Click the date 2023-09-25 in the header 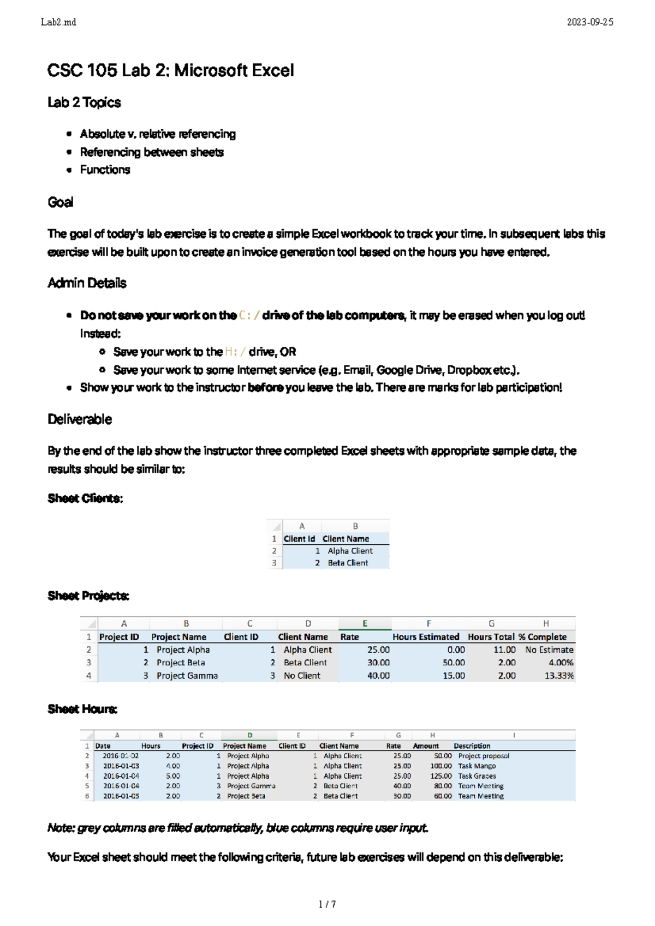(x=589, y=22)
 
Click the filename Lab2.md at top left (x=58, y=22)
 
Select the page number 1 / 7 (x=327, y=904)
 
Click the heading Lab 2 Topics (x=84, y=103)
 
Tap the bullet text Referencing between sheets (x=152, y=152)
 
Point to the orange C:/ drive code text (x=249, y=316)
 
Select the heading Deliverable (x=80, y=419)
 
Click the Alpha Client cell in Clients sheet (x=350, y=551)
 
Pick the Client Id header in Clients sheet (x=299, y=539)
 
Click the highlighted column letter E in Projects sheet (x=365, y=623)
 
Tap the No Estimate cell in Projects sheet (x=549, y=650)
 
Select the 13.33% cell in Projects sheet (x=559, y=676)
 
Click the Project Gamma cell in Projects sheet (x=187, y=676)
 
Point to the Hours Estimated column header (x=426, y=637)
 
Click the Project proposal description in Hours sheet (x=484, y=756)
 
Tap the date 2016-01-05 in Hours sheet (x=121, y=796)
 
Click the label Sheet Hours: (x=82, y=709)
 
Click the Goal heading (x=60, y=202)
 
